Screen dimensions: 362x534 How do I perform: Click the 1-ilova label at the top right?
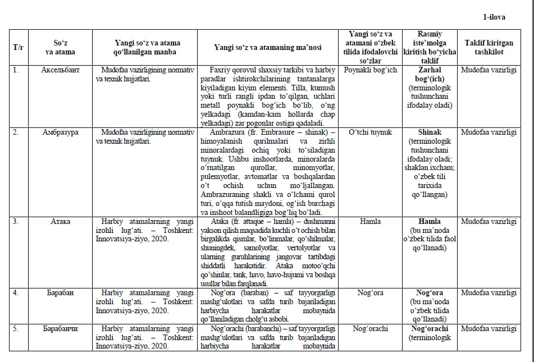click(494, 17)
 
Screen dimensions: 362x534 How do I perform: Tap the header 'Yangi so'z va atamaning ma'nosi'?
click(267, 48)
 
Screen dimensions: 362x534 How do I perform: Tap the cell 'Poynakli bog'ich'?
click(370, 70)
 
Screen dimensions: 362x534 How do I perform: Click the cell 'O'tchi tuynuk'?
click(370, 132)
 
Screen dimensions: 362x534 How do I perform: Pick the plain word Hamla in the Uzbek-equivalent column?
click(370, 221)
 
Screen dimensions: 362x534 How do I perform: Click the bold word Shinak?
click(430, 132)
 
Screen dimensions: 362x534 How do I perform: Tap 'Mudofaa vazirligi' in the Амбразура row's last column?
click(487, 132)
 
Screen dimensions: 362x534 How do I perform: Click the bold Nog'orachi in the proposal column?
click(430, 328)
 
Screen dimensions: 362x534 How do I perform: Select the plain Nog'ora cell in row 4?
click(370, 292)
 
